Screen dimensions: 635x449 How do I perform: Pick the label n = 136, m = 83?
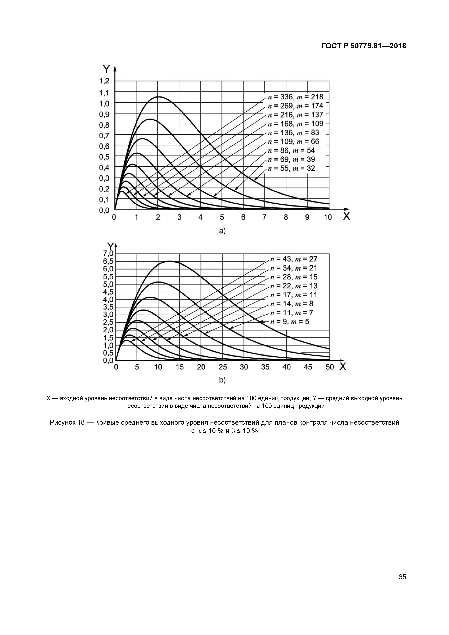point(293,133)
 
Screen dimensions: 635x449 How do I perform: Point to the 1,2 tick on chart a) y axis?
point(104,81)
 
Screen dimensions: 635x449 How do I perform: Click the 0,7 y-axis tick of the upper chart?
point(104,135)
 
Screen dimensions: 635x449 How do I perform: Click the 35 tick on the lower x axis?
point(265,367)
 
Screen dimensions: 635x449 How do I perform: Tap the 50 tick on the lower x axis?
point(330,367)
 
